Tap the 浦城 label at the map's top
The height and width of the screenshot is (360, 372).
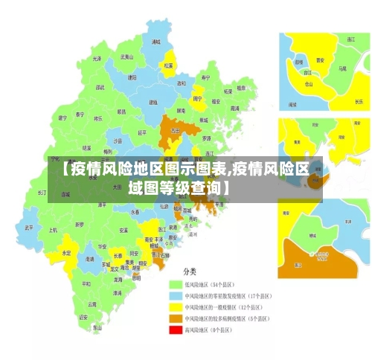155,42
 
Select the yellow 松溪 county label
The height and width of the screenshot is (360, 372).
168,65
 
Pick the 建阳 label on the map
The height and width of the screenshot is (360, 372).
132,77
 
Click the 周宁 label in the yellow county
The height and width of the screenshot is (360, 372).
197,98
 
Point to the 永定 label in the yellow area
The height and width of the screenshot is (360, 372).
67,253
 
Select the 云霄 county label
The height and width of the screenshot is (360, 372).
92,303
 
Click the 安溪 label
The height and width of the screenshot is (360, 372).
124,231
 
